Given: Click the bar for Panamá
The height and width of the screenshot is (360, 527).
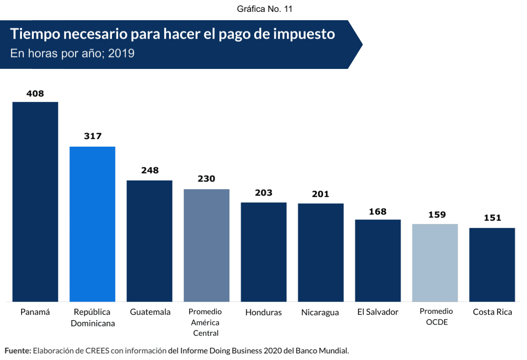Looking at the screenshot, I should coord(35,202).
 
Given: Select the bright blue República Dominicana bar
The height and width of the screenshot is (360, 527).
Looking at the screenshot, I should coord(92,224).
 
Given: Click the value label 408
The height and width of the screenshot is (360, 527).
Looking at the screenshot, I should coord(35,94).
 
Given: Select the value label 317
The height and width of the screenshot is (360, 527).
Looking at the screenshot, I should coord(93,136).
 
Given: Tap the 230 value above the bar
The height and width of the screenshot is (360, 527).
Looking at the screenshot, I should coord(206,179).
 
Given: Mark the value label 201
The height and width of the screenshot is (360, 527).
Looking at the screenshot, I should coord(321,194).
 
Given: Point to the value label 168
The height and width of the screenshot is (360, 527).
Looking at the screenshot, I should coord(378,212).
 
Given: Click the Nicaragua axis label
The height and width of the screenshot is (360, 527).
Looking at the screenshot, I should coord(320,313).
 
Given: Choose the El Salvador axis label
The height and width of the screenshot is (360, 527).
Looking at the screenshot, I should coord(378,312).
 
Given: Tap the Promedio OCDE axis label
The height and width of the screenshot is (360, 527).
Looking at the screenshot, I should coord(436,317).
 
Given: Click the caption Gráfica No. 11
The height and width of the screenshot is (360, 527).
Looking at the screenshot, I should coord(264,9).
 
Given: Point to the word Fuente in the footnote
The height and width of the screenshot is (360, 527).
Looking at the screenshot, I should coord(18,351).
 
